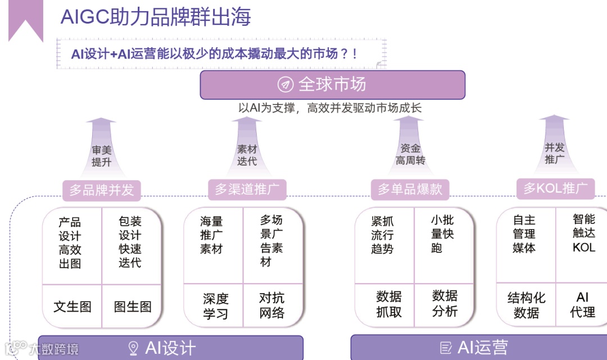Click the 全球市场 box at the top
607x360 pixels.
click(x=332, y=85)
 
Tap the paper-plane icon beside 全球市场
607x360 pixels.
click(x=286, y=85)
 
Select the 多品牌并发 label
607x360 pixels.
click(x=102, y=190)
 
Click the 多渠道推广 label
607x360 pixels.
click(x=247, y=189)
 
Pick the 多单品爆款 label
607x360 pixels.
click(x=410, y=189)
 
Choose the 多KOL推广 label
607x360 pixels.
click(x=555, y=188)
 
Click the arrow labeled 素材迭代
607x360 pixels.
click(x=247, y=149)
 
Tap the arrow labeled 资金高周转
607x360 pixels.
click(x=409, y=149)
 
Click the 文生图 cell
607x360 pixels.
click(x=72, y=307)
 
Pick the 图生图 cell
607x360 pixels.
click(x=133, y=307)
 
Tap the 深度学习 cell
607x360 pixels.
click(x=215, y=306)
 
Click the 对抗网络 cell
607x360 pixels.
click(x=272, y=306)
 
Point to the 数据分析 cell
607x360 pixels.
click(x=445, y=303)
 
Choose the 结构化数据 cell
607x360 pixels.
click(x=526, y=305)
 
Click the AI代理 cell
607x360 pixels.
click(x=582, y=304)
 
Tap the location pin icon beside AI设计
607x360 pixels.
click(x=133, y=348)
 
